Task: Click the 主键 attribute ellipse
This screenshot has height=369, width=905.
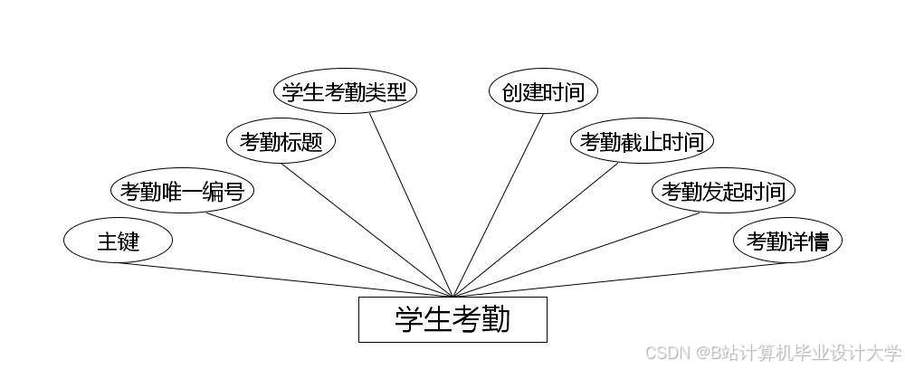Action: tap(118, 241)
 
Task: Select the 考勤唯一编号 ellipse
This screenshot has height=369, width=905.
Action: tap(182, 192)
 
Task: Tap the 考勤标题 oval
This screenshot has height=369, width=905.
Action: tap(281, 142)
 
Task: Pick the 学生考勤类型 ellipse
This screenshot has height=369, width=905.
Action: tap(345, 92)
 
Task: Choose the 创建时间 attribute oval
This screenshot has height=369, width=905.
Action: tap(543, 92)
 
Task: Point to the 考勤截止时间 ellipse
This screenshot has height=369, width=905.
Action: tap(642, 142)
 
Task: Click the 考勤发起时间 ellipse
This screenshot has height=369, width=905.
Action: tap(723, 192)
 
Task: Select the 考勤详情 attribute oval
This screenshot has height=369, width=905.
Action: tap(787, 241)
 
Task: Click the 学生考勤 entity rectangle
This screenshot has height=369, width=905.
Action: tap(452, 319)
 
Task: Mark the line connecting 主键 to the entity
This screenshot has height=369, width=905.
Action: tap(285, 279)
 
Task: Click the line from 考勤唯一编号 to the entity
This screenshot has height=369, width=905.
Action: tap(330, 254)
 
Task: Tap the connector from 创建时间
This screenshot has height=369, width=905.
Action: tap(498, 205)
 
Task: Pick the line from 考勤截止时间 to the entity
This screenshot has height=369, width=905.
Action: tap(536, 230)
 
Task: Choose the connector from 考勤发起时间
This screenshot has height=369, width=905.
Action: tap(576, 254)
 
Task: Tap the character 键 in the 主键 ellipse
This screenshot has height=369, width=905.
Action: tap(129, 241)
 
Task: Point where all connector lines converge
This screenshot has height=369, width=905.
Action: tap(452, 296)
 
